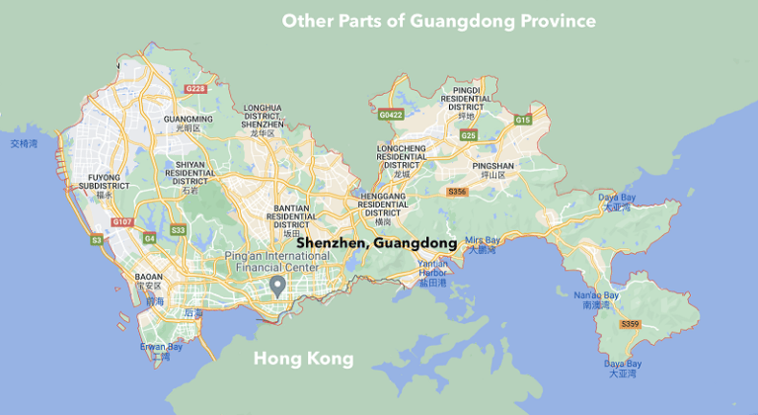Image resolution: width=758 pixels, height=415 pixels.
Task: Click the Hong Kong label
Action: click(x=303, y=359)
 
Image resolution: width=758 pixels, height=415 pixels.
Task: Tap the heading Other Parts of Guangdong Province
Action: click(x=439, y=20)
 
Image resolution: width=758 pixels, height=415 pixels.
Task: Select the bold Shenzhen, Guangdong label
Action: click(x=376, y=242)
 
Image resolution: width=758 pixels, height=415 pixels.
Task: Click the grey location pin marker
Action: click(x=278, y=287)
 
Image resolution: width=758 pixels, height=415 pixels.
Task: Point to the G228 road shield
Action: click(x=194, y=89)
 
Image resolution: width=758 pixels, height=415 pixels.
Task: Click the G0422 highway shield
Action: click(x=392, y=115)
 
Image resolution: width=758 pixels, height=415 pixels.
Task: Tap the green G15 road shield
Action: click(x=522, y=120)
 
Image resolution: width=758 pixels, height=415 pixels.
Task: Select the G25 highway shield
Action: click(x=468, y=135)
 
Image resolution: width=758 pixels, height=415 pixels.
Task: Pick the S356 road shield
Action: click(x=456, y=191)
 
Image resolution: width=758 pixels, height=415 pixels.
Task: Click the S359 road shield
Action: click(x=629, y=324)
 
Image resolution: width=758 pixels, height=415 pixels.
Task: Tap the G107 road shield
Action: click(x=122, y=222)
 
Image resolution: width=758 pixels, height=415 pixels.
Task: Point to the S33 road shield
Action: click(x=178, y=230)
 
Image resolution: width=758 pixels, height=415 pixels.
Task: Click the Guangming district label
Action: click(x=181, y=123)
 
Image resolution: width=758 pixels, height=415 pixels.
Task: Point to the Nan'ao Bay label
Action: click(x=598, y=299)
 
